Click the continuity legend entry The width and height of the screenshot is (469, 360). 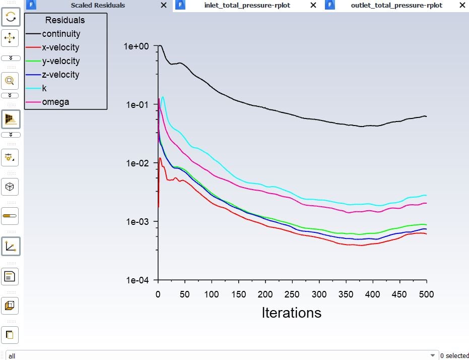point(61,34)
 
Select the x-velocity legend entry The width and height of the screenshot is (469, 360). point(60,48)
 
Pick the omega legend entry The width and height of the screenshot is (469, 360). point(55,102)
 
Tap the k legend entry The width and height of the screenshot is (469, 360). point(44,89)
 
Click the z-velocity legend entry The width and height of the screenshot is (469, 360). point(60,75)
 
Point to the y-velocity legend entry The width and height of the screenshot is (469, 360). point(60,62)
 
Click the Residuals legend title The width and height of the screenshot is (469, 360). point(65,21)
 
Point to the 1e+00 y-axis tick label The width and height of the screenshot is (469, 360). point(136,46)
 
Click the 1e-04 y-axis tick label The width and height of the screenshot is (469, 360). point(137,280)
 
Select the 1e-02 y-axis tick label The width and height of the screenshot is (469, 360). point(137,163)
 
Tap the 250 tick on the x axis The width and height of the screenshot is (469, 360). point(292,294)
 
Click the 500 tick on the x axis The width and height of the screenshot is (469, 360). point(426,294)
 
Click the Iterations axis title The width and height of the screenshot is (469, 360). point(291,313)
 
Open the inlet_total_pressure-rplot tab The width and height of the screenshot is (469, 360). point(247,6)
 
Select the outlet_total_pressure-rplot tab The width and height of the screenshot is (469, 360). point(396,6)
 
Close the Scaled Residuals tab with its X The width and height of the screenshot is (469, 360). point(164,6)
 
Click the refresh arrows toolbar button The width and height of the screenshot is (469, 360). point(10,17)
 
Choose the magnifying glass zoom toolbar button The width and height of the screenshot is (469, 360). point(10,81)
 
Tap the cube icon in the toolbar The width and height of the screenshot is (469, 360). point(10,187)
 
